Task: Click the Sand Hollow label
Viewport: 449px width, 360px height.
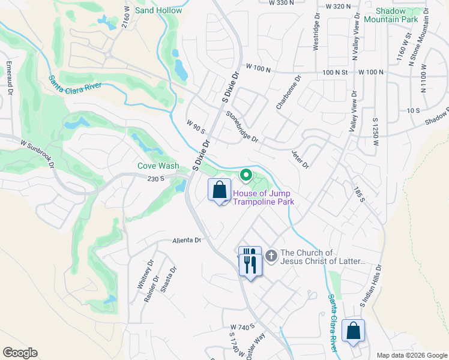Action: (x=158, y=11)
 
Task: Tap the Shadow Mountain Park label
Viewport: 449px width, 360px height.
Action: (x=397, y=15)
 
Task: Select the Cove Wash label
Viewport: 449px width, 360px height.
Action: (x=158, y=166)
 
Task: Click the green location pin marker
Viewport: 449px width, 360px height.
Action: (x=246, y=175)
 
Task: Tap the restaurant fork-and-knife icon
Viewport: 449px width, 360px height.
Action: (x=250, y=261)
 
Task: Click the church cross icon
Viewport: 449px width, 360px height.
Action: (x=271, y=256)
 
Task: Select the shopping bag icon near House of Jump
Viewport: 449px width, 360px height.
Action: (x=219, y=190)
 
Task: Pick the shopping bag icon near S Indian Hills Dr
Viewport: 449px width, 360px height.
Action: (x=353, y=331)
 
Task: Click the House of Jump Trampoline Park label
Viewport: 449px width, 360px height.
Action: (x=262, y=197)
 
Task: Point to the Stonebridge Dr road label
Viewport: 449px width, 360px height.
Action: (x=242, y=127)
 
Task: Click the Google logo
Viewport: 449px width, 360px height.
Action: (x=20, y=353)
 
